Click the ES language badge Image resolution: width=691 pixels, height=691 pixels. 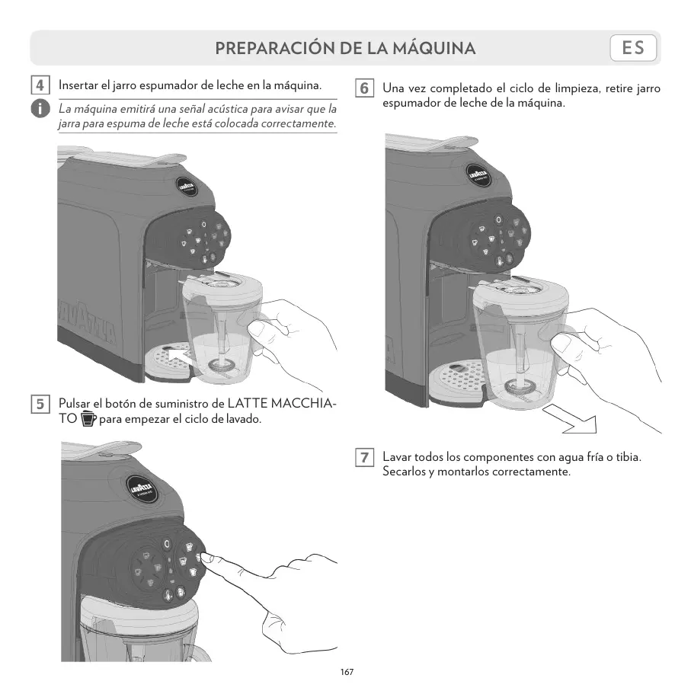pos(633,48)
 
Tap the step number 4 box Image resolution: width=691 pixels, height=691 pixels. pos(40,84)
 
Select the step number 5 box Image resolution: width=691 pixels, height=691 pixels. pos(40,403)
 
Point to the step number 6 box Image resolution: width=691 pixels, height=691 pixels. pos(364,88)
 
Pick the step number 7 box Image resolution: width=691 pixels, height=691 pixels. pos(364,458)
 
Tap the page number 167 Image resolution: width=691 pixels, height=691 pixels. pos(347,673)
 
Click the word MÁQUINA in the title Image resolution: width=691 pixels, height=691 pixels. pos(433,49)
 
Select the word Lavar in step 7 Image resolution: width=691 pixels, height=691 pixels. pos(396,457)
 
